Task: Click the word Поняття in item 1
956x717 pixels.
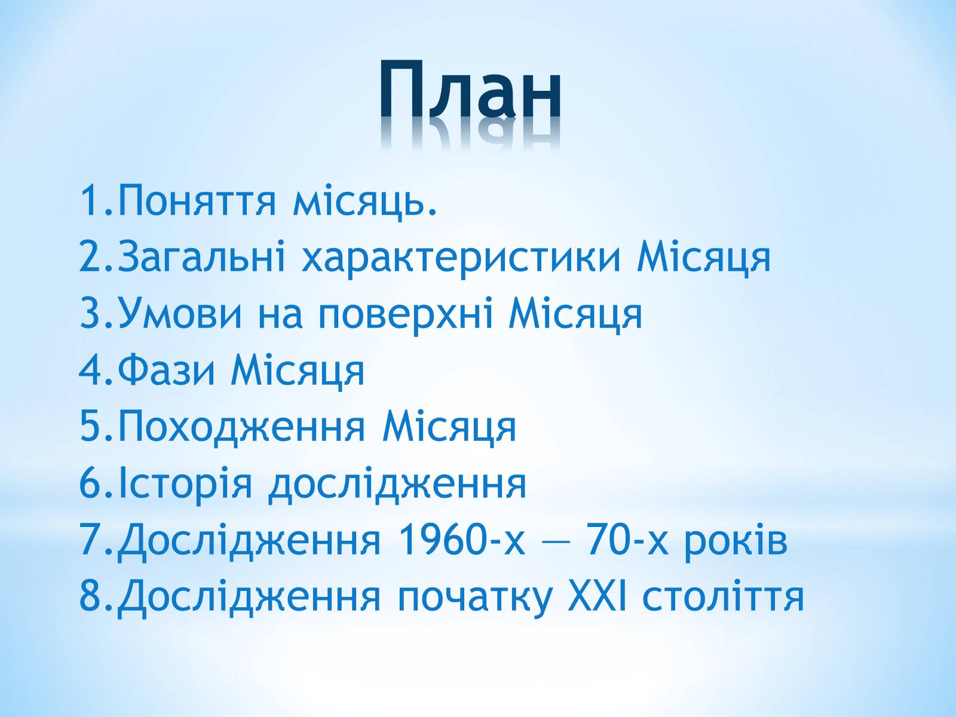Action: click(x=197, y=200)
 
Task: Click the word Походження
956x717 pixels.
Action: click(x=242, y=428)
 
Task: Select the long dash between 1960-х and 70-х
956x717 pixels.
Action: click(x=556, y=544)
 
